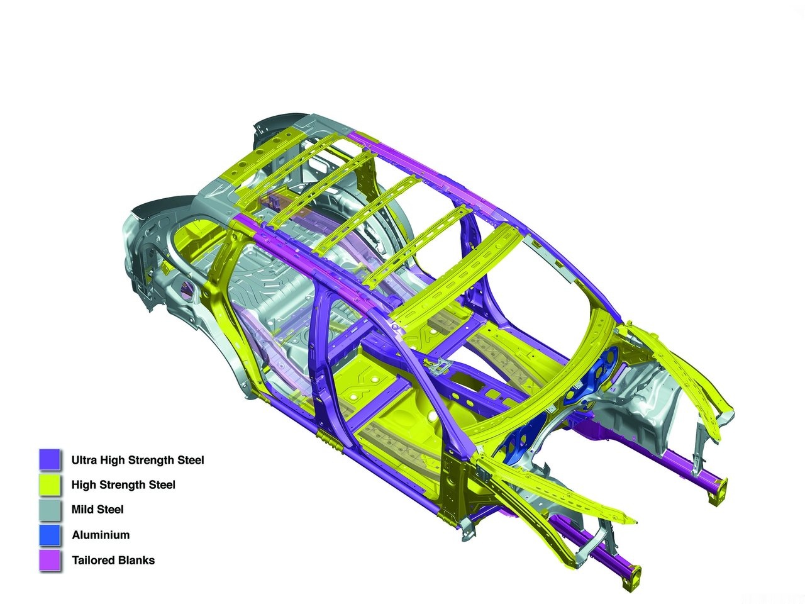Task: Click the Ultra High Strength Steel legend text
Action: tap(138, 460)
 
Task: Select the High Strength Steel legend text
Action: tap(123, 485)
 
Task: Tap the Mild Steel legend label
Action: tap(97, 510)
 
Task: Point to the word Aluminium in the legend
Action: tap(101, 535)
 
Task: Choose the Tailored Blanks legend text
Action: tap(113, 560)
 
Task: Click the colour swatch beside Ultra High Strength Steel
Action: tap(50, 459)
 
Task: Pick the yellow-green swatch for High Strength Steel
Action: tap(50, 485)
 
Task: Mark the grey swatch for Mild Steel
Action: tap(50, 510)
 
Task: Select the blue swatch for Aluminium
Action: tap(50, 535)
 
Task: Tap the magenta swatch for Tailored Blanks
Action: tap(50, 560)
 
